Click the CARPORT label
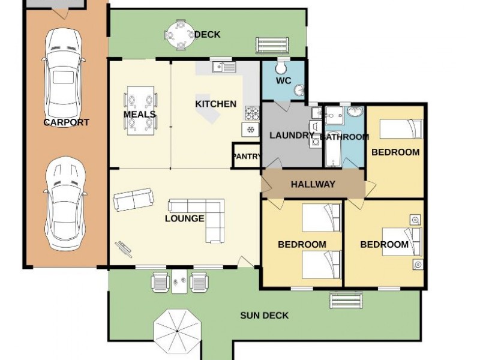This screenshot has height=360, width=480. [66, 122]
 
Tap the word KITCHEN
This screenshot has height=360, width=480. [216, 104]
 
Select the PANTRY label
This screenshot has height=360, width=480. [247, 157]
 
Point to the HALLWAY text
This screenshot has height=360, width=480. [313, 184]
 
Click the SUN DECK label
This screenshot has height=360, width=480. [264, 316]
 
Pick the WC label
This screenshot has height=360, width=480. [283, 81]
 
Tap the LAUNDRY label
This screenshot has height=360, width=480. [292, 136]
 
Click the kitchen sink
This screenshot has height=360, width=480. [224, 67]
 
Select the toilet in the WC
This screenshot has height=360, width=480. [281, 68]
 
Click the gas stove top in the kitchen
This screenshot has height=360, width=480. [252, 113]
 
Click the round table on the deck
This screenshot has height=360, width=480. [181, 35]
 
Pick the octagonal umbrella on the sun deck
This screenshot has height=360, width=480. [178, 331]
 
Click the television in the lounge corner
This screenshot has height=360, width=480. [124, 249]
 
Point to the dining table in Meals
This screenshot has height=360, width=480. [140, 110]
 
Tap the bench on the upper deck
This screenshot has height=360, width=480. [272, 46]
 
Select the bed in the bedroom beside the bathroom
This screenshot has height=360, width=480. [401, 129]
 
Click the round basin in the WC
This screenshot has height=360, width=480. [299, 91]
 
